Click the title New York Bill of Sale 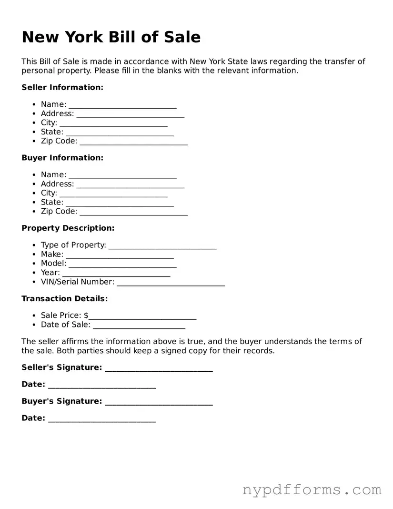[111, 37]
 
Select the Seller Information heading [62, 87]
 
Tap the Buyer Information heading [62, 158]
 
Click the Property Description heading [68, 228]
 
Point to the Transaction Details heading [65, 299]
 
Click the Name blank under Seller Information [122, 105]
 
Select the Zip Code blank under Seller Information [133, 142]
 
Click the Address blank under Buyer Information [130, 185]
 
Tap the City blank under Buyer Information [113, 194]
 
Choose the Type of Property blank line [162, 246]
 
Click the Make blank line [120, 255]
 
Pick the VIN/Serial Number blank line [171, 283]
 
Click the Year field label [50, 273]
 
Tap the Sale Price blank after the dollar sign [142, 316]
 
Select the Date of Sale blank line [139, 326]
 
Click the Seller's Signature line [159, 368]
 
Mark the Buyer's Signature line [159, 402]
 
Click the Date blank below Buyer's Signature [102, 419]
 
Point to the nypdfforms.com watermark [312, 489]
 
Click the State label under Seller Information [52, 132]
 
